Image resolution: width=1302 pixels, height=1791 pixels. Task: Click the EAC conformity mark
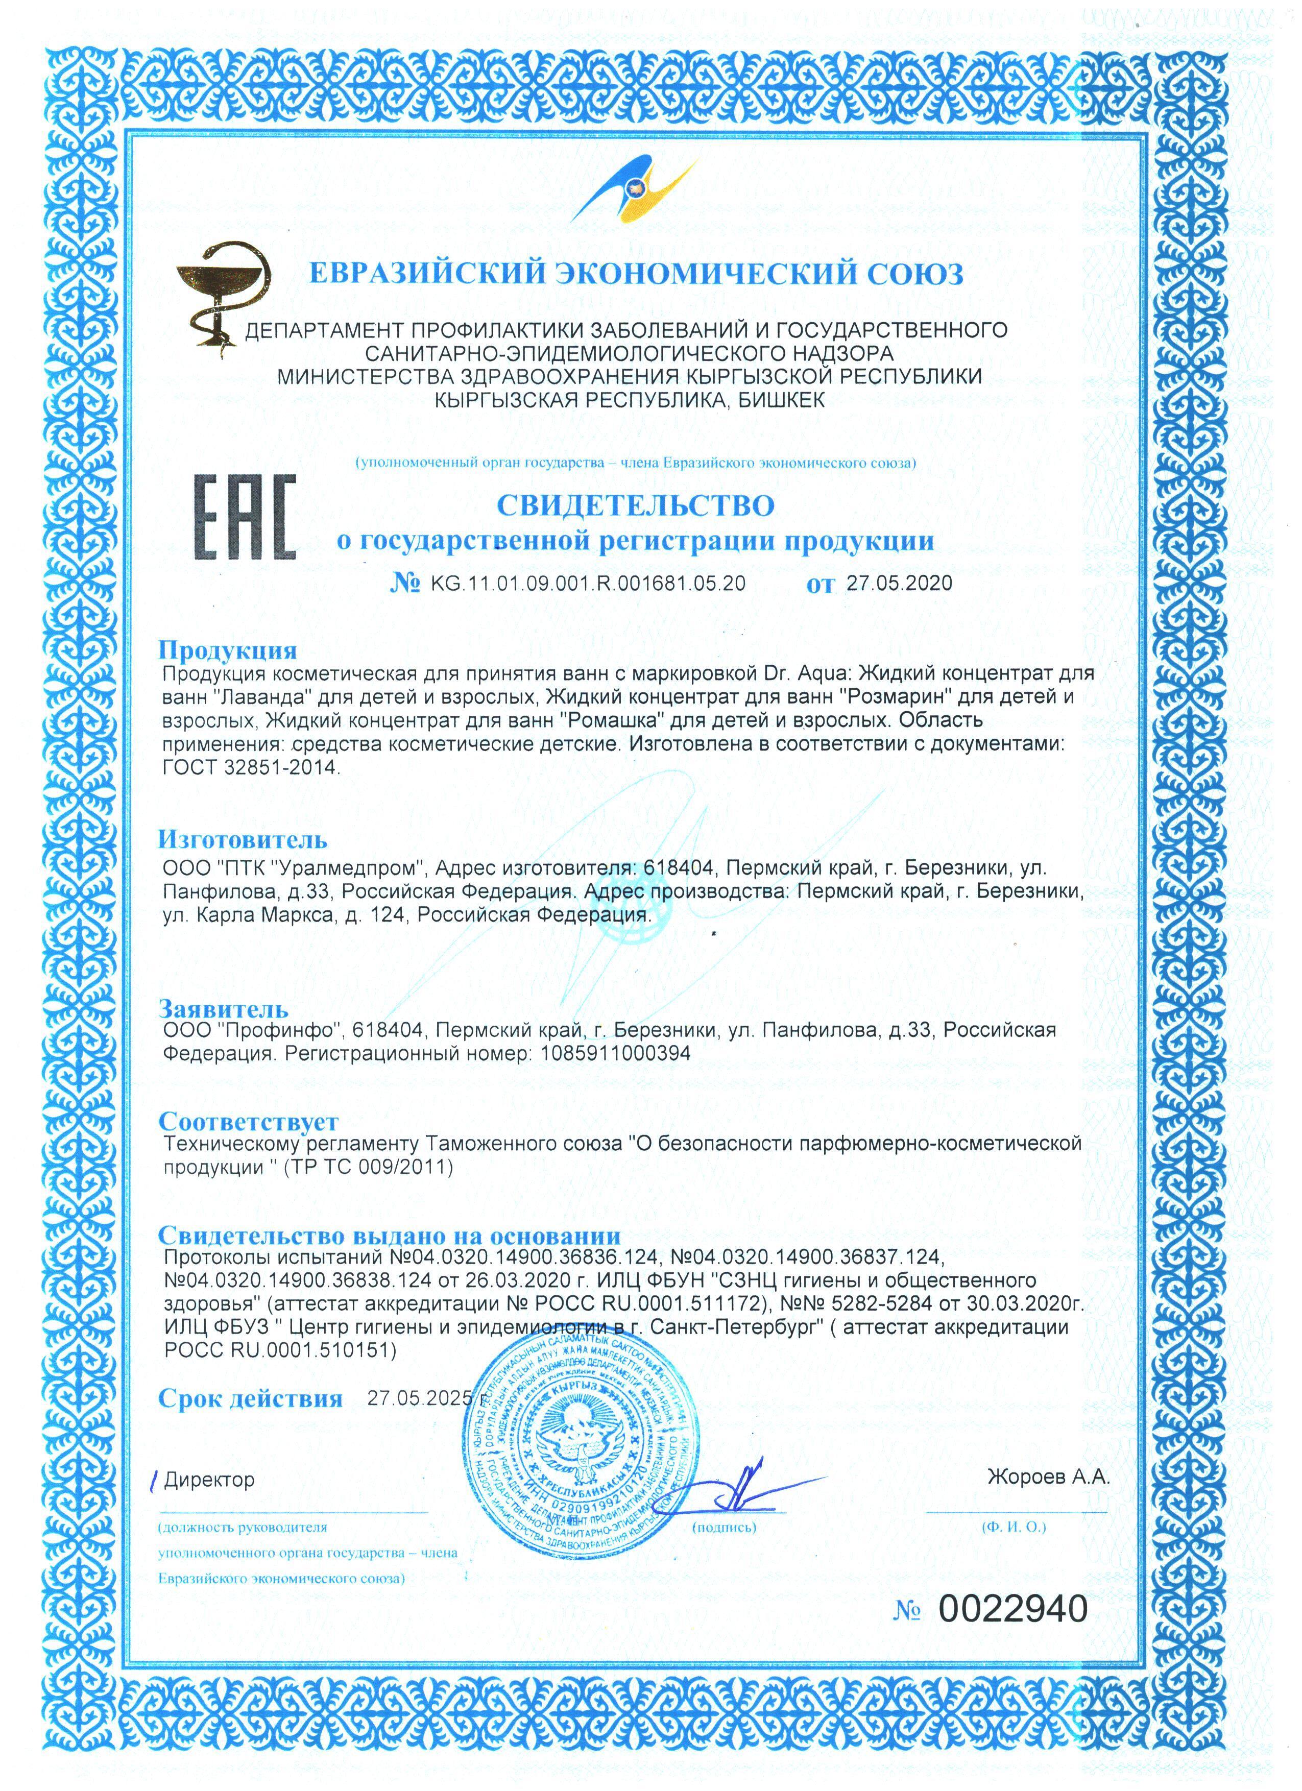tap(245, 517)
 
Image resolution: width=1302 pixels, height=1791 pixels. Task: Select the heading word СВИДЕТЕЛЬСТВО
tap(636, 505)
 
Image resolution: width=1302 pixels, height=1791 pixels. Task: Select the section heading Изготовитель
tap(243, 839)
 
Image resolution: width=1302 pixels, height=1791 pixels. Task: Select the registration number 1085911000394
tap(615, 1053)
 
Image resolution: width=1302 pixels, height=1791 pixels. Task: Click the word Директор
tap(209, 1480)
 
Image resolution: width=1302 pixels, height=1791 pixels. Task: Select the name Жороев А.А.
tap(1048, 1478)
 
